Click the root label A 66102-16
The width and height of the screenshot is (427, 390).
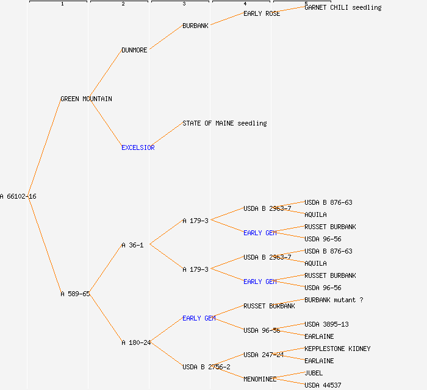(18, 196)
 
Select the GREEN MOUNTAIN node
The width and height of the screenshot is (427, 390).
(86, 99)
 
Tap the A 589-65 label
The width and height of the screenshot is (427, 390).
(75, 294)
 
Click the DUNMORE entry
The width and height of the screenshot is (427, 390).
(134, 50)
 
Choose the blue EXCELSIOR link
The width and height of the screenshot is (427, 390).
(138, 147)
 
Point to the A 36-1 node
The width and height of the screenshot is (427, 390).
(132, 245)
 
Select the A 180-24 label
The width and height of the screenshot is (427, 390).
(136, 342)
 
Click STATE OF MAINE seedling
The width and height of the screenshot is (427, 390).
(224, 123)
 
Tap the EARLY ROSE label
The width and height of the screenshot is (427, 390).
(262, 13)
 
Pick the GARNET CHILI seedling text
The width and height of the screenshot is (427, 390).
(343, 7)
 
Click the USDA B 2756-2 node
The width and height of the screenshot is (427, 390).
(206, 367)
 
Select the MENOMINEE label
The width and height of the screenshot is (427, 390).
(260, 379)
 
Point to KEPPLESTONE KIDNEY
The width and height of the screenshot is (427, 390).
(337, 349)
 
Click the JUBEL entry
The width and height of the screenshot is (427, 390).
(314, 373)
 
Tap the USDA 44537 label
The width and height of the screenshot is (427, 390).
(323, 385)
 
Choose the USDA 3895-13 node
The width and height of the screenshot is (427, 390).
(326, 324)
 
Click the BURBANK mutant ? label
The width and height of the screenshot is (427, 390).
(334, 300)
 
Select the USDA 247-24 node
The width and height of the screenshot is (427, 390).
(264, 355)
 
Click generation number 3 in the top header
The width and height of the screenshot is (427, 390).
(184, 4)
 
